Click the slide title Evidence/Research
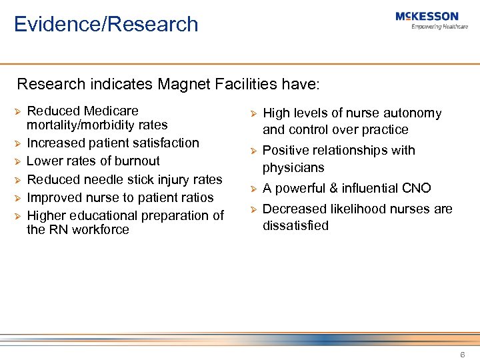(106, 24)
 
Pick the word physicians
(293, 167)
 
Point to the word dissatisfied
(295, 225)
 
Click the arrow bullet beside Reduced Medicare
(18, 111)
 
